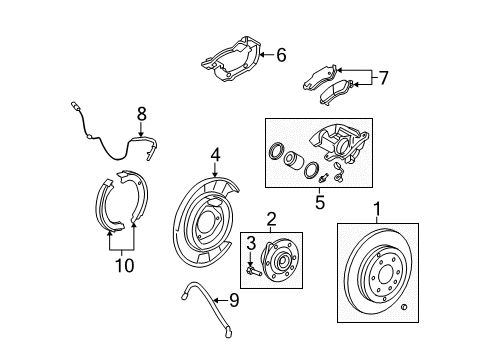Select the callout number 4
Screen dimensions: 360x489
click(x=215, y=155)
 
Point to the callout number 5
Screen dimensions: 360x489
click(x=320, y=200)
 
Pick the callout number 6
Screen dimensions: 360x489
click(x=281, y=56)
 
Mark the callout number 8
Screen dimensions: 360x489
click(x=141, y=114)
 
